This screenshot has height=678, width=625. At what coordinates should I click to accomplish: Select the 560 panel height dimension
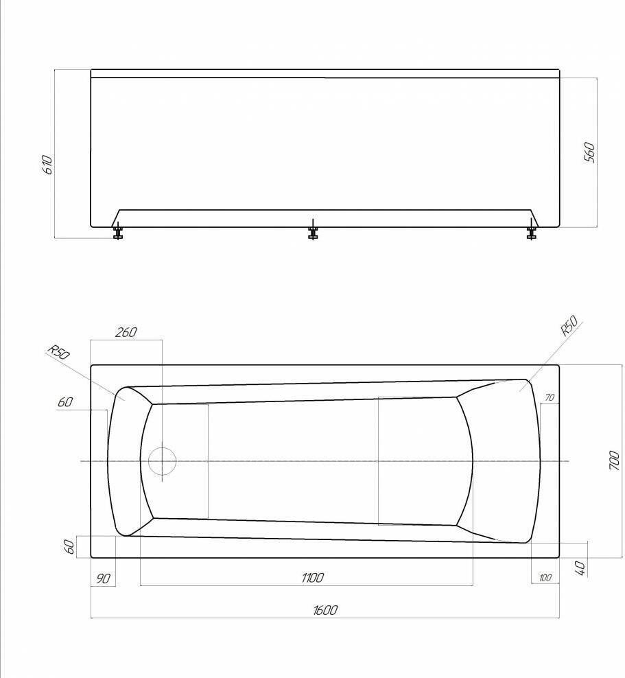pos(589,152)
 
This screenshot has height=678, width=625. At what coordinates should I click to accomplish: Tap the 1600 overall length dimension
pos(325,610)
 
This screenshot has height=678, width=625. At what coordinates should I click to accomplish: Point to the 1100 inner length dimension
pos(313,578)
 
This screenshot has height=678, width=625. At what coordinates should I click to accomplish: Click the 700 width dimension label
pos(614,461)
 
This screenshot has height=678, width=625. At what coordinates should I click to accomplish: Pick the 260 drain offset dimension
pos(126,332)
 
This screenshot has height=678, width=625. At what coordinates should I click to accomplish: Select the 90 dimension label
pos(103,578)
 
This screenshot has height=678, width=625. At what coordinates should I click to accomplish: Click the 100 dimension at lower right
pos(545,578)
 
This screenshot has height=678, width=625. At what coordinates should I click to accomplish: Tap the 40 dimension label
pos(581,568)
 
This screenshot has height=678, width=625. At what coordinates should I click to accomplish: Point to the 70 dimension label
pos(550,397)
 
